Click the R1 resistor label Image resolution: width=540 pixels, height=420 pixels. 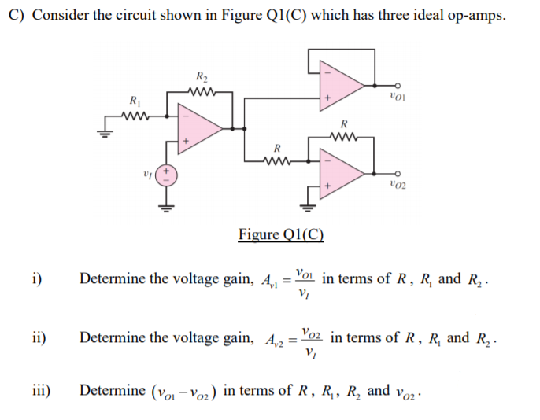[x=135, y=100]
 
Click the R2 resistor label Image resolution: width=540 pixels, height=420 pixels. [x=202, y=76]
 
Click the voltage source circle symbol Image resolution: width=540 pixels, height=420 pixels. [x=166, y=174]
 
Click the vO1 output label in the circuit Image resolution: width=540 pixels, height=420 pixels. [x=397, y=97]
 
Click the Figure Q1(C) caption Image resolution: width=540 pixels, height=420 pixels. [x=281, y=234]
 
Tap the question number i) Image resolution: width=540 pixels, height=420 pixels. [x=36, y=278]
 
